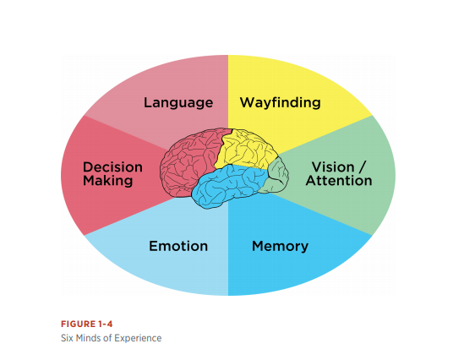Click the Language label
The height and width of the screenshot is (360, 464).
pyautogui.click(x=178, y=103)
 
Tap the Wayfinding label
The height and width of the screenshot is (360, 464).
pyautogui.click(x=281, y=103)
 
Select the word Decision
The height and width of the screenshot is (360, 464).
pyautogui.click(x=112, y=167)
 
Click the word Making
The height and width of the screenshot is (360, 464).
pyautogui.click(x=107, y=181)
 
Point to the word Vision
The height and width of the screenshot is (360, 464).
pyautogui.click(x=333, y=167)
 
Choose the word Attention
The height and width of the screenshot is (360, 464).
pyautogui.click(x=339, y=181)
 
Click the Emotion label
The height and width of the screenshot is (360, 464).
pyautogui.click(x=178, y=246)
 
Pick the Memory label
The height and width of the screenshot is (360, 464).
pyautogui.click(x=280, y=247)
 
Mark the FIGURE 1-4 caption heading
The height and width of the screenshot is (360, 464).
pyautogui.click(x=87, y=325)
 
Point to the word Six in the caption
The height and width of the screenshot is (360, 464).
pyautogui.click(x=67, y=338)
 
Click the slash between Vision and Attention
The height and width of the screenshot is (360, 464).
pyautogui.click(x=363, y=167)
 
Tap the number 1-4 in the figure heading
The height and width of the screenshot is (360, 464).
pyautogui.click(x=105, y=325)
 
